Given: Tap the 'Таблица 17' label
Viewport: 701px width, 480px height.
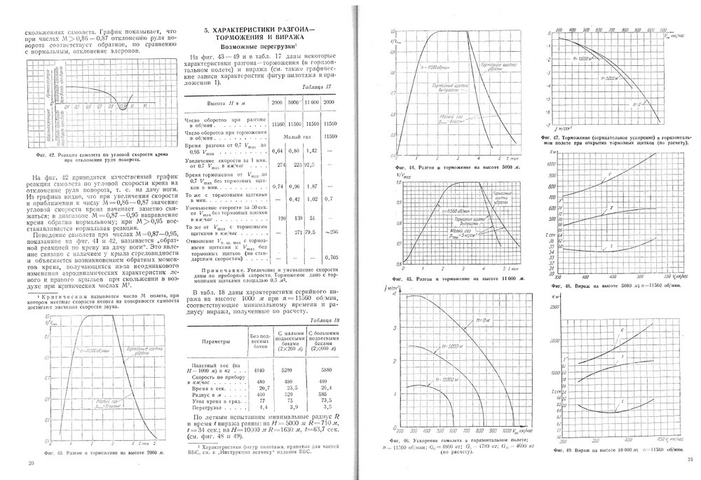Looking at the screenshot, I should [x=316, y=86].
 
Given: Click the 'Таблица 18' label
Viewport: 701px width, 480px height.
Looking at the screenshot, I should [x=316, y=319].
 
